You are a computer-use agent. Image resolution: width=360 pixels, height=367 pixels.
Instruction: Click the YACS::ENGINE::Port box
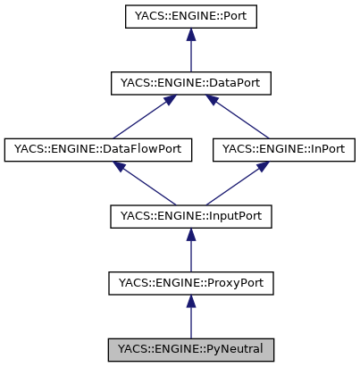(x=190, y=18)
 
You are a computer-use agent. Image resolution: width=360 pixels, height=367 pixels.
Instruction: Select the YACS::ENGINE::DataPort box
(x=190, y=84)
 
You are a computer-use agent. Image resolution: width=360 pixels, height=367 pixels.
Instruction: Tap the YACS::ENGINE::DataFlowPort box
(x=99, y=150)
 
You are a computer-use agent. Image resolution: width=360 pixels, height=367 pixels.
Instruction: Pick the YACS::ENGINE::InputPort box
(x=190, y=216)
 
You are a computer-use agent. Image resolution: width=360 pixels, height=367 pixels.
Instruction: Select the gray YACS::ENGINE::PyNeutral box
(x=190, y=348)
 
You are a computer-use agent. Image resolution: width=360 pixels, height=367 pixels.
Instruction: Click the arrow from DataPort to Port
(x=190, y=54)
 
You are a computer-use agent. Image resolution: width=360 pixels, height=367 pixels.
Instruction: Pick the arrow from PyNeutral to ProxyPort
(x=190, y=318)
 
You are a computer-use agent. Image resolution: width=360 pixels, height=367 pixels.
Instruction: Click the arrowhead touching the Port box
(x=190, y=36)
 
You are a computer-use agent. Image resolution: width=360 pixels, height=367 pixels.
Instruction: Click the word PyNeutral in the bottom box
(x=231, y=348)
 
